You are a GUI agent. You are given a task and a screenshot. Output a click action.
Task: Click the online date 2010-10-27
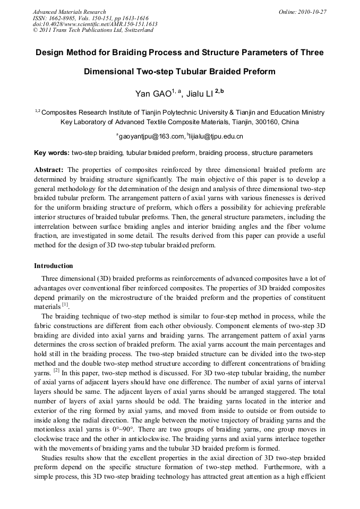(314, 12)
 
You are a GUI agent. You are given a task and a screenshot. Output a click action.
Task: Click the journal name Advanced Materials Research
(69, 12)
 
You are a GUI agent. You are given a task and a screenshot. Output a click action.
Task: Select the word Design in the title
(49, 53)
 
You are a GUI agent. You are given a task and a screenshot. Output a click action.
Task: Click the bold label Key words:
(52, 153)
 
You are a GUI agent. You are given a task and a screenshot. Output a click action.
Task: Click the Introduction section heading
(54, 265)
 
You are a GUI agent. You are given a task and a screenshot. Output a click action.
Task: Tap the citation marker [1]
(65, 305)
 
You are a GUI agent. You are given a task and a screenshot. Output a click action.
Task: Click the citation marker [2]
(55, 372)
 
